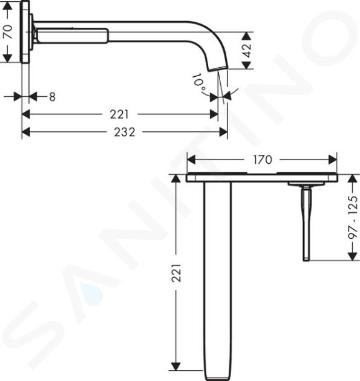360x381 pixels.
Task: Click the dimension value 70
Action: pyautogui.click(x=8, y=31)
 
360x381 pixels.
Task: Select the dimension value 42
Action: pyautogui.click(x=247, y=51)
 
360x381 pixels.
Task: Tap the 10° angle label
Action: pyautogui.click(x=200, y=82)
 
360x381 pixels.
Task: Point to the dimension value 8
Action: pyautogui.click(x=52, y=97)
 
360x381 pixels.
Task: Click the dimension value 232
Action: pyautogui.click(x=125, y=132)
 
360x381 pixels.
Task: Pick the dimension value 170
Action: pyautogui.click(x=263, y=160)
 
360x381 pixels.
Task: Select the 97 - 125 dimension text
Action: pyautogui.click(x=353, y=217)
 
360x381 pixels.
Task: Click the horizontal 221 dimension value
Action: pyautogui.click(x=119, y=114)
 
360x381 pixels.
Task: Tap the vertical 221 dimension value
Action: pyautogui.click(x=177, y=273)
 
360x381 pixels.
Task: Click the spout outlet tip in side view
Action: pyautogui.click(x=218, y=69)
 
